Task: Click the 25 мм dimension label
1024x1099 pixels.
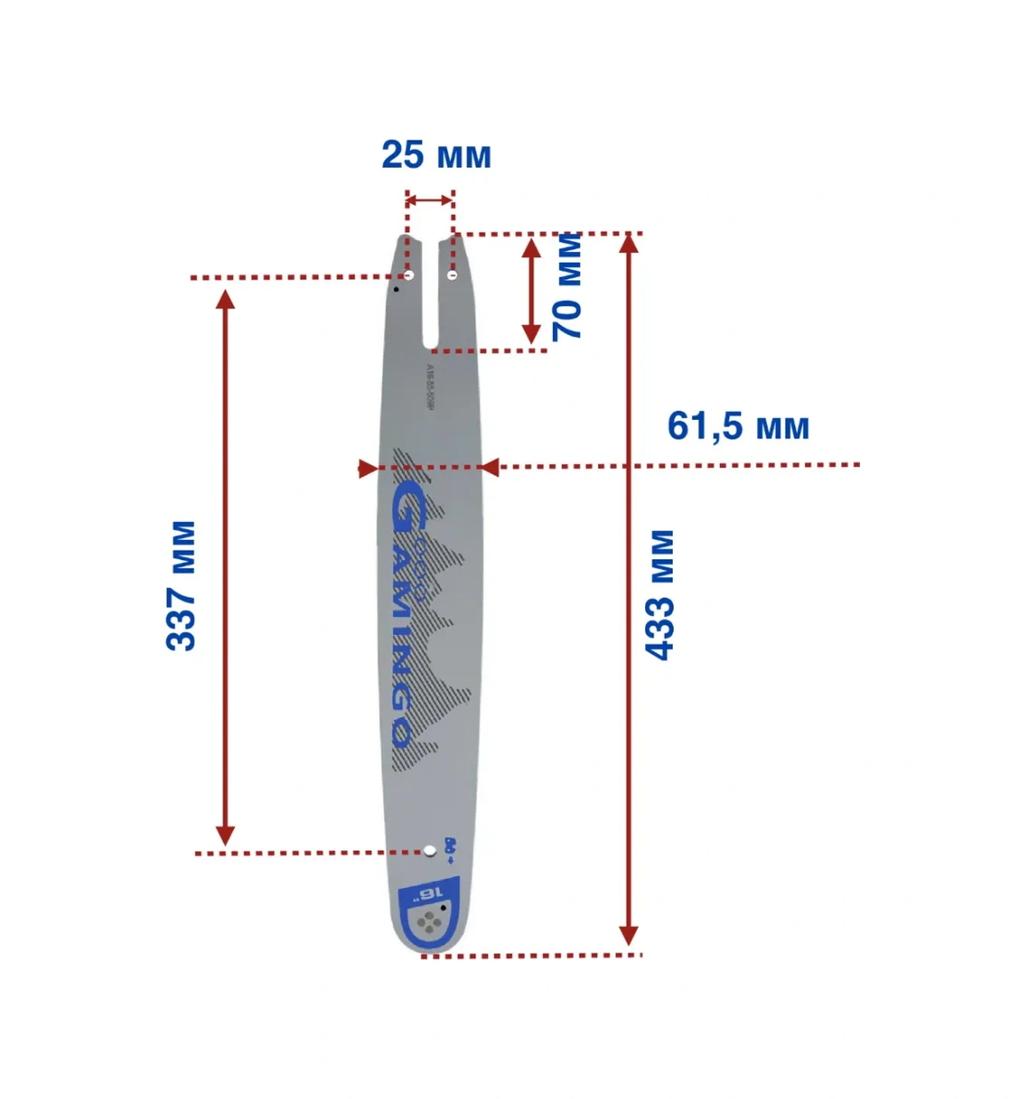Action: [436, 154]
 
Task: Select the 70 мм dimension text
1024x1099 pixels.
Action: [567, 286]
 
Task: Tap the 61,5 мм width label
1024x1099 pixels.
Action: [738, 426]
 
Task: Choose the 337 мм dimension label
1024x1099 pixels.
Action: [181, 585]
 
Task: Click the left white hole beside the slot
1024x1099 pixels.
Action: [409, 275]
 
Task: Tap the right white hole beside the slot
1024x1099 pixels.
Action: [453, 275]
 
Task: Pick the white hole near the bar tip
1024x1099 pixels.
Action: [429, 852]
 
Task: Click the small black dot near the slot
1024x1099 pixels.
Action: [397, 289]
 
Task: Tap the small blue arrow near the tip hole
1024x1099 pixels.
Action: [449, 858]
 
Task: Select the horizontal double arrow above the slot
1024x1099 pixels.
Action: [429, 201]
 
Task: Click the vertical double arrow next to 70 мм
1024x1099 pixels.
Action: [531, 291]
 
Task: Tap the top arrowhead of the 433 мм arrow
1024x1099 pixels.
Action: [630, 243]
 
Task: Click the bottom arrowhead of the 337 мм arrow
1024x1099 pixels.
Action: [225, 836]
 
